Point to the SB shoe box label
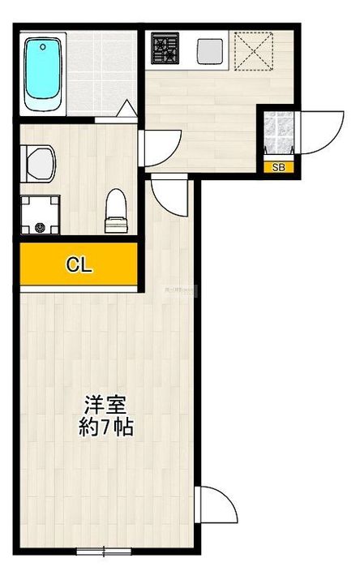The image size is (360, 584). (x=278, y=168)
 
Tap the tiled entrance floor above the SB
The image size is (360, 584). (x=278, y=133)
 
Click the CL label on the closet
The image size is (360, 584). (x=78, y=265)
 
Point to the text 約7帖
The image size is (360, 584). (x=105, y=427)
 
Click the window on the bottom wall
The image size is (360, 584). (x=104, y=552)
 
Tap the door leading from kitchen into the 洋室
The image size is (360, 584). (x=169, y=194)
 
